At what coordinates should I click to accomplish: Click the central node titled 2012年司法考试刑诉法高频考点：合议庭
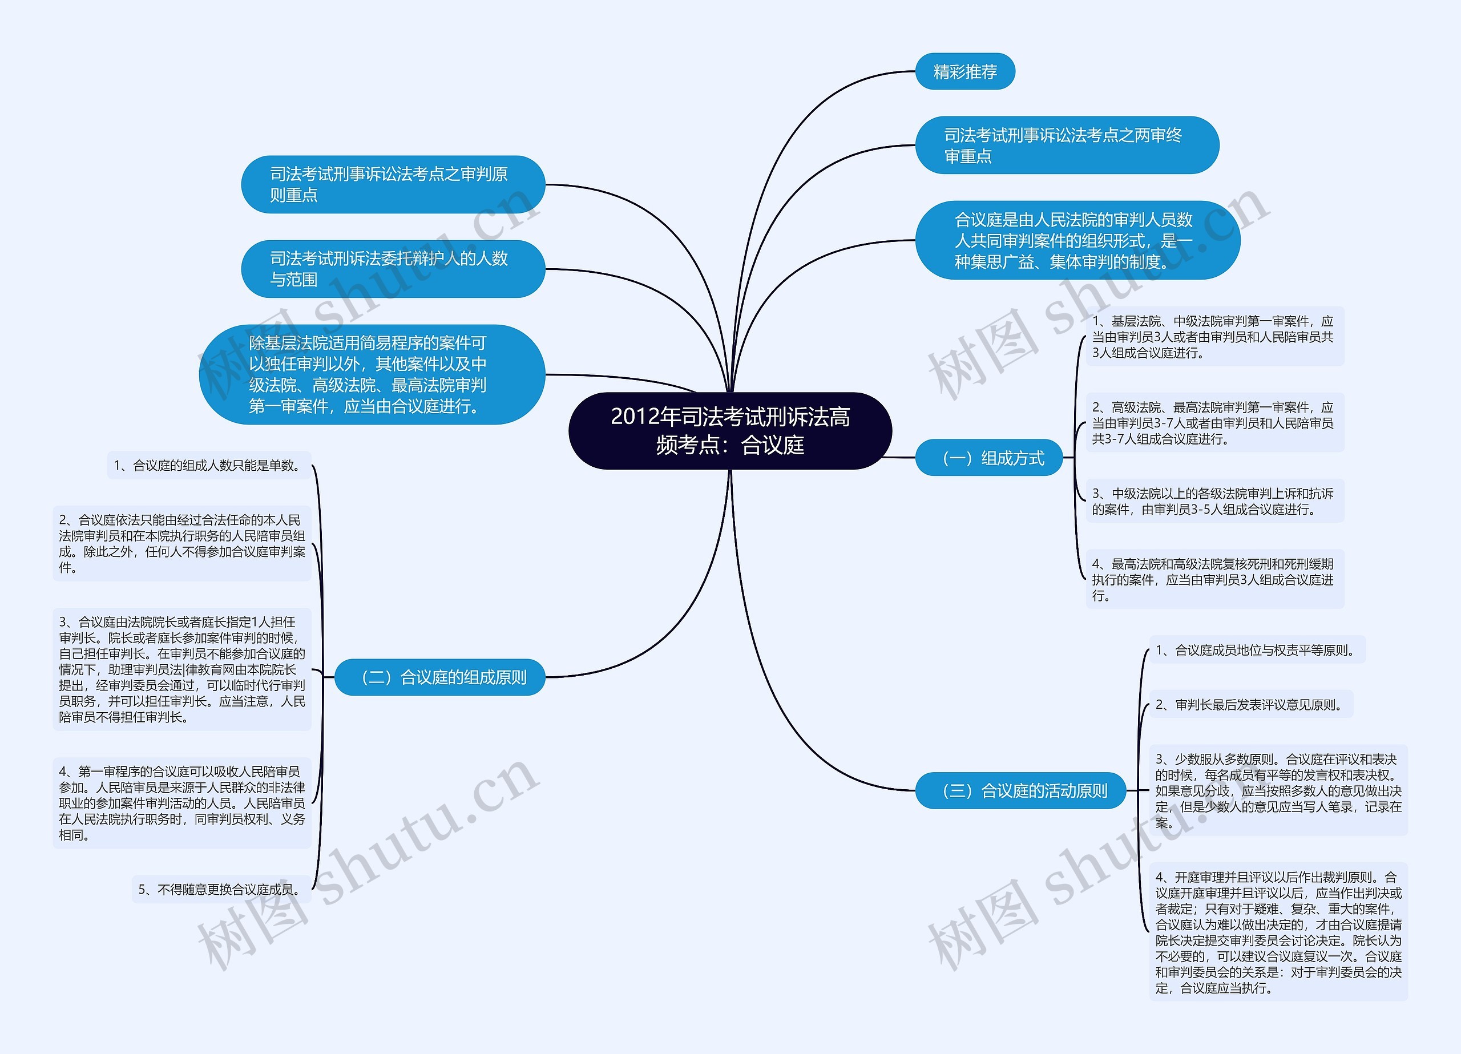point(730,430)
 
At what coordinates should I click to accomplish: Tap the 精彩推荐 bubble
point(964,71)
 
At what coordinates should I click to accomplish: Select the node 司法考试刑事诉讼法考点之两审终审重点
point(1066,145)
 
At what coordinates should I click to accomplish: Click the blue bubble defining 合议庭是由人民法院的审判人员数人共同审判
point(1076,240)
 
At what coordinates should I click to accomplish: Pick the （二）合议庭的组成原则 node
point(440,677)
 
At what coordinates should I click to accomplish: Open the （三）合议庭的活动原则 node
point(1020,790)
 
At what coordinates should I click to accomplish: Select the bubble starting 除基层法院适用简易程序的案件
point(372,374)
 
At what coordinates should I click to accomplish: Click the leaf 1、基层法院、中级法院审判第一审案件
point(1214,336)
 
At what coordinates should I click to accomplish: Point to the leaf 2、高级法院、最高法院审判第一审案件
point(1214,423)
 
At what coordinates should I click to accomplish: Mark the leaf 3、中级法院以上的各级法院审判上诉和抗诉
point(1214,501)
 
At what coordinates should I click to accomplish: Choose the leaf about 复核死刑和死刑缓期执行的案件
point(1214,579)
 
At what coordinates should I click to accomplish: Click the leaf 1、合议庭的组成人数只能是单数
point(209,465)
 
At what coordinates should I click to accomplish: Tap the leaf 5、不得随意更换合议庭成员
point(221,890)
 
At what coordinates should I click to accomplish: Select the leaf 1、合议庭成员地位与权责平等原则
point(1256,650)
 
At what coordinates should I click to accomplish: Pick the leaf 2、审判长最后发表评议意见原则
point(1250,705)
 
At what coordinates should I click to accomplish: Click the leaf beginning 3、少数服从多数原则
point(1277,790)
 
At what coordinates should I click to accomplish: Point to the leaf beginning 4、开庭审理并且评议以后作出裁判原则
point(1277,931)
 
